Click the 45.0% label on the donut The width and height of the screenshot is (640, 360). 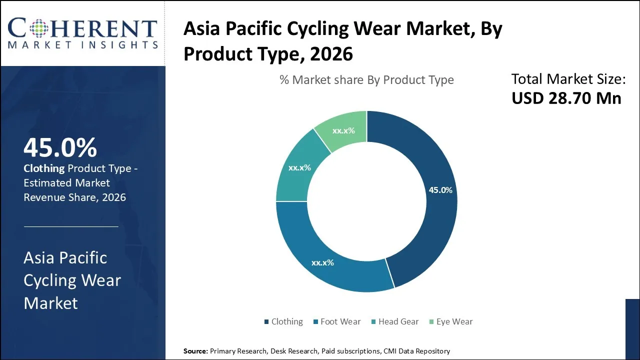[440, 190]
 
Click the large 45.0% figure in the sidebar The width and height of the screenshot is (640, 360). [60, 147]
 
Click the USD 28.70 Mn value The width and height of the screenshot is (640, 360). [566, 98]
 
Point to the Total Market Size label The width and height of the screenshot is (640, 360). [568, 79]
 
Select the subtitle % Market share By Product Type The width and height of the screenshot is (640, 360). [366, 80]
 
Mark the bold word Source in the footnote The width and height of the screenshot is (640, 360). [194, 351]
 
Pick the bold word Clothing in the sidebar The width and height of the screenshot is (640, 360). [44, 168]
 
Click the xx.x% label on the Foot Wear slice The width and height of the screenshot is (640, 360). [322, 262]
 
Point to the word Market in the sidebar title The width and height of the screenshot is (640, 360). [50, 303]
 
